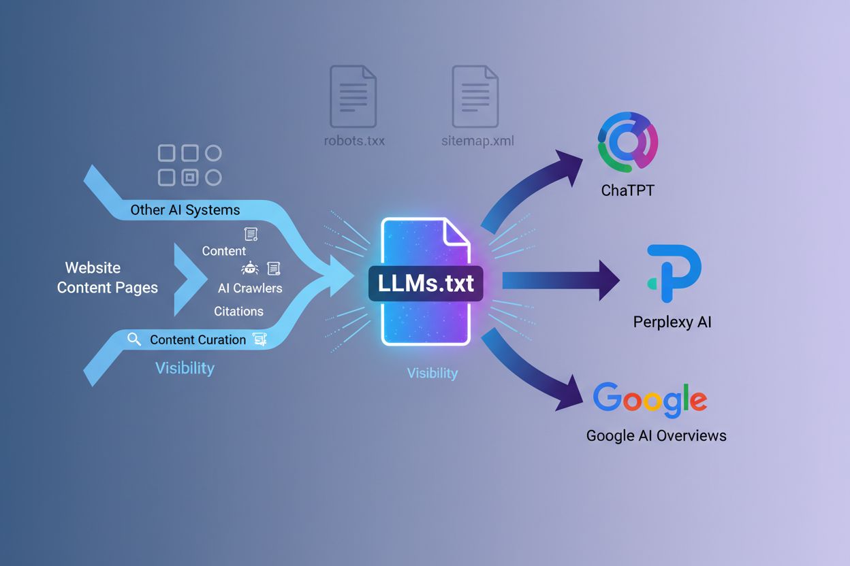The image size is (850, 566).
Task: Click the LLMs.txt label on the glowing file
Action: point(426,283)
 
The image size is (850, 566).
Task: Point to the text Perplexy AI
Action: point(672,322)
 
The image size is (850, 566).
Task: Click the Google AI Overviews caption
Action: point(656,435)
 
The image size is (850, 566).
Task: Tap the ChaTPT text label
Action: point(627,190)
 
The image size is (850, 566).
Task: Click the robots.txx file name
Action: point(353,141)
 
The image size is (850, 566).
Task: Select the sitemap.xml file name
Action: point(477,141)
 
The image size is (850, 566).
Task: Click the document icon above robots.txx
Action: point(353,96)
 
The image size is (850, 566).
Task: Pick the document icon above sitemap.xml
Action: point(475,96)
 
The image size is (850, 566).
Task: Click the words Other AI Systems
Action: point(185,210)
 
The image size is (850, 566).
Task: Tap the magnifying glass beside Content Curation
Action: point(134,339)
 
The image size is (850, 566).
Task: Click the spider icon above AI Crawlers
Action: point(250,268)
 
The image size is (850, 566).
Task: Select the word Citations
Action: point(238,311)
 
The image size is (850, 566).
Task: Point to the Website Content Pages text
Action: point(108,278)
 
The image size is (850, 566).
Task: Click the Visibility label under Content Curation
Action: point(185,368)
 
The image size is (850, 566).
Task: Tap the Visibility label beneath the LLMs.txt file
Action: point(432,373)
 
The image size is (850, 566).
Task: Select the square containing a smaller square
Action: point(190,178)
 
